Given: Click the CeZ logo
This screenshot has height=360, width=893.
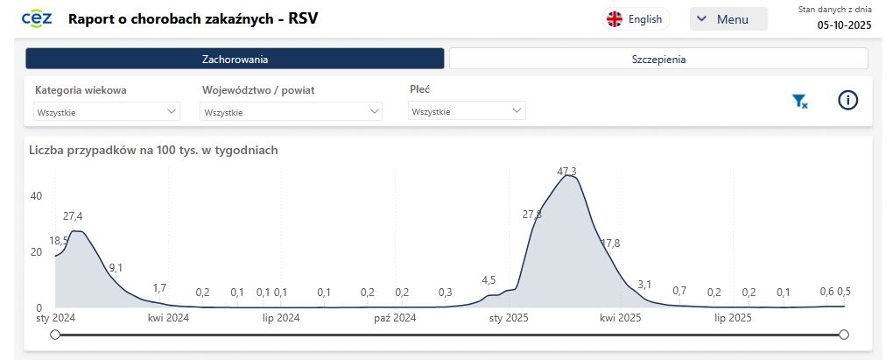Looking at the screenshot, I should pyautogui.click(x=36, y=18).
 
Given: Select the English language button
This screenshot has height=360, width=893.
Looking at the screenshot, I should pyautogui.click(x=636, y=19).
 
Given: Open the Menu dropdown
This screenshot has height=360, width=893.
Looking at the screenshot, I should pyautogui.click(x=728, y=19).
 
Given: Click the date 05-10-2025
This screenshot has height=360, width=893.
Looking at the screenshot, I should pyautogui.click(x=844, y=25).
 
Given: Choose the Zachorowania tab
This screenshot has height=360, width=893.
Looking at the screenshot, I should pyautogui.click(x=235, y=60).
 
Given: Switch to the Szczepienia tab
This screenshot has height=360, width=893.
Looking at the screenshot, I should pyautogui.click(x=658, y=60).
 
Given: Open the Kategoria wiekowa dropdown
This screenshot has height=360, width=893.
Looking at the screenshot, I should pyautogui.click(x=107, y=112).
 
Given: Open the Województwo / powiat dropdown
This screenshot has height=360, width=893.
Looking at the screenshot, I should pyautogui.click(x=292, y=112).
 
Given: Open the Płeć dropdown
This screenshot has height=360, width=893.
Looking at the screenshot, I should pyautogui.click(x=467, y=112).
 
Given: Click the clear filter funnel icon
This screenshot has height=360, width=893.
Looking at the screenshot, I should pyautogui.click(x=799, y=102).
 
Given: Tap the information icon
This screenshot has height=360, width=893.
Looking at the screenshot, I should pyautogui.click(x=847, y=101).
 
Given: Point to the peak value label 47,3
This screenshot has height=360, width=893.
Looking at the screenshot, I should pyautogui.click(x=566, y=171).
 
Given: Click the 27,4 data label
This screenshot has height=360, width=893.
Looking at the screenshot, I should pyautogui.click(x=73, y=216).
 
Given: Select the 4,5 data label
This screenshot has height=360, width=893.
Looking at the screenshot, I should pyautogui.click(x=489, y=280).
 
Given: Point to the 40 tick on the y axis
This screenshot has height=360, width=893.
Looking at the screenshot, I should pyautogui.click(x=36, y=196).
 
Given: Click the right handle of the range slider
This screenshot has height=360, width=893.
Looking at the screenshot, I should pyautogui.click(x=844, y=335).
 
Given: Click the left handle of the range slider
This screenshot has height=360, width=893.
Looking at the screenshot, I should pyautogui.click(x=55, y=335).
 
